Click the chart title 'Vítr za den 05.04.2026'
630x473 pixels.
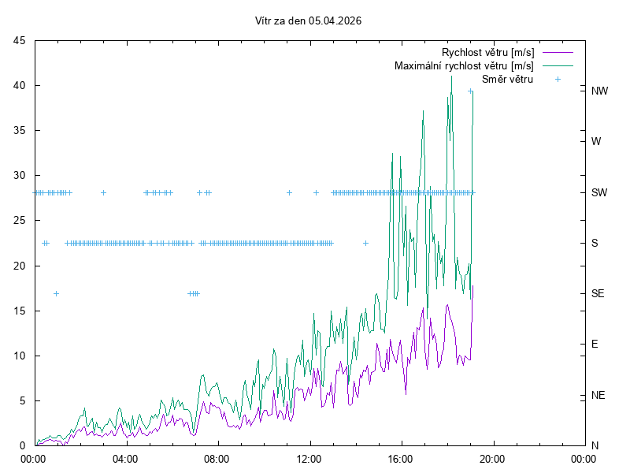point(309,21)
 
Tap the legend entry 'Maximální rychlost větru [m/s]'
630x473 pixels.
point(464,65)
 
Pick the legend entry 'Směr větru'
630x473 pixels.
point(507,79)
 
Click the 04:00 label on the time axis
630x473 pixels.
point(124,458)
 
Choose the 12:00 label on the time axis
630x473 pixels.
point(309,458)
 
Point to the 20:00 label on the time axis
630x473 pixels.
point(492,458)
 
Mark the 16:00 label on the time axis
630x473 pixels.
point(401,458)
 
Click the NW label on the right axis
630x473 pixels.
point(599,91)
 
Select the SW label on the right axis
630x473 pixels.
point(598,192)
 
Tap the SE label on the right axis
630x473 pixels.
point(598,293)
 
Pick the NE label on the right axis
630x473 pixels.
point(598,395)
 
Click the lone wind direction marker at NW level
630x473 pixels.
point(470,91)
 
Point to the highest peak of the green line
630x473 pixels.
point(451,76)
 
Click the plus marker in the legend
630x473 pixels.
point(558,79)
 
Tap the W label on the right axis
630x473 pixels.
point(596,142)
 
